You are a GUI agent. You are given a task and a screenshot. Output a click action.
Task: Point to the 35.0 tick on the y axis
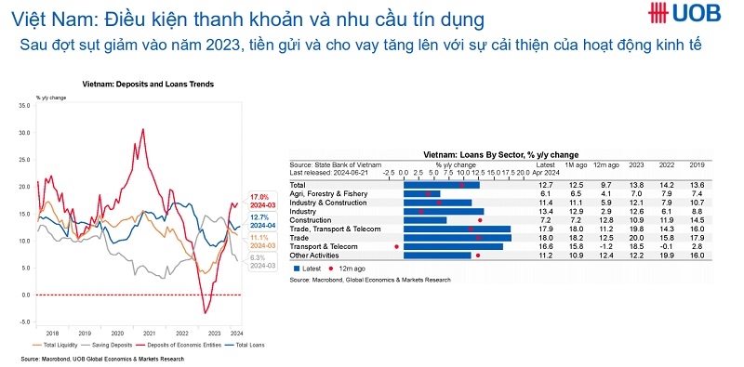[24, 106]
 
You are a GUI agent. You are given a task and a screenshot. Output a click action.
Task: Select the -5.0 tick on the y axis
[24, 321]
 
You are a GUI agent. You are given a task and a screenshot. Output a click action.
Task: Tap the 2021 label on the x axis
[151, 332]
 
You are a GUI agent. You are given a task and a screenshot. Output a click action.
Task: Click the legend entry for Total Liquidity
[67, 344]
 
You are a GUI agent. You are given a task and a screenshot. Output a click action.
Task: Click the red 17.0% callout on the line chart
[259, 197]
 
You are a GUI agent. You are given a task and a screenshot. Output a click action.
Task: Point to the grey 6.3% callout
[259, 257]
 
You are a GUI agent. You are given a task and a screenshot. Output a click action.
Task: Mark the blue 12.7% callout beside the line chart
[259, 217]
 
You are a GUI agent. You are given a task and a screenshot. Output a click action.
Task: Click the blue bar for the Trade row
[458, 237]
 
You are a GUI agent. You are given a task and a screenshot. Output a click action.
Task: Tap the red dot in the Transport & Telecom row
[397, 246]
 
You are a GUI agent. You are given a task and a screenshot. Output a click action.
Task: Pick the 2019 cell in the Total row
[697, 185]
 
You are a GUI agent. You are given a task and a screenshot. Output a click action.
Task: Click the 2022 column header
[667, 165]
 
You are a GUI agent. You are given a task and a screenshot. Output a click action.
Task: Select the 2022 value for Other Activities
[667, 255]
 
